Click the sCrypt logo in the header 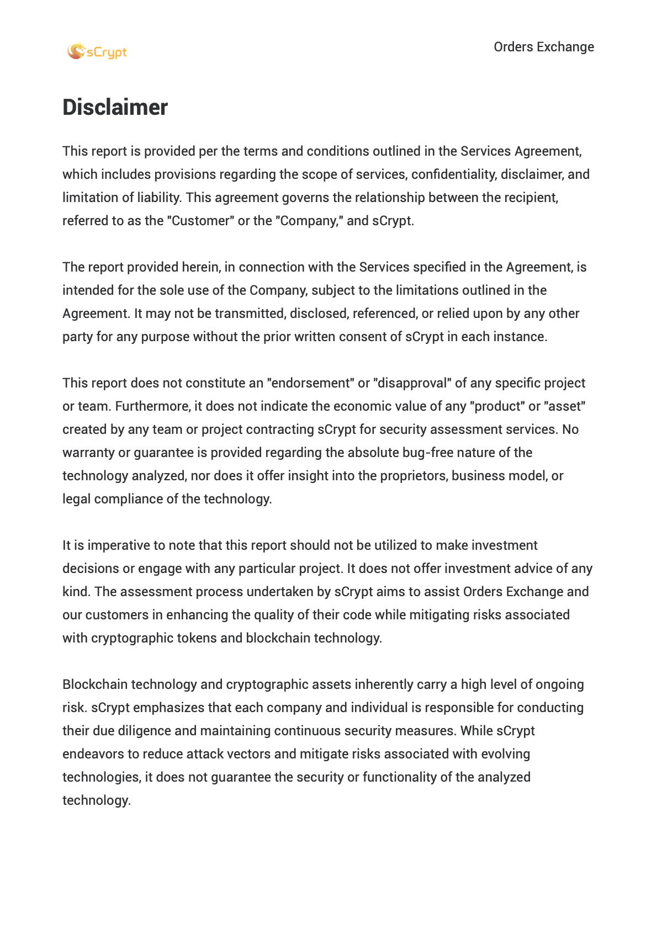(x=97, y=52)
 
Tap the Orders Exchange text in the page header (x=543, y=47)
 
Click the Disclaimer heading (x=115, y=107)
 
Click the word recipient (x=530, y=198)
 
